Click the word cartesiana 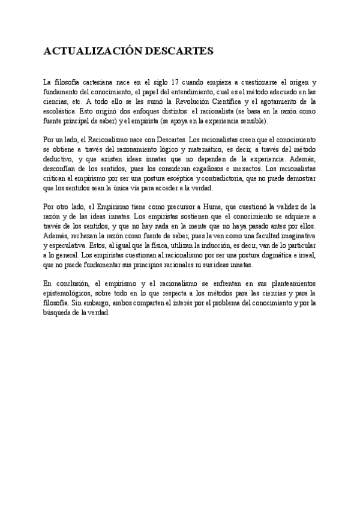pyautogui.click(x=93, y=82)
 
